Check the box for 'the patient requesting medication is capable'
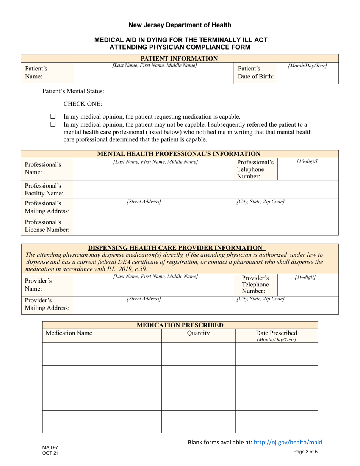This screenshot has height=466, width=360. click(53, 116)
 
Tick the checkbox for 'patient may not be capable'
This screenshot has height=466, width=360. click(53, 124)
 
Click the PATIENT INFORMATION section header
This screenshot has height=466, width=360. click(179, 58)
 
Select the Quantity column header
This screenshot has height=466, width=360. click(199, 333)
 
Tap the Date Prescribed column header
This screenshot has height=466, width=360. click(276, 336)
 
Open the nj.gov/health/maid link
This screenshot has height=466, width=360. click(291, 442)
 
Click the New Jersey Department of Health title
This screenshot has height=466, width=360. click(180, 25)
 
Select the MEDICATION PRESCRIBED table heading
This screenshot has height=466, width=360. click(180, 325)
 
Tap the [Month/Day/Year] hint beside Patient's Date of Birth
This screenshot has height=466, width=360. click(307, 66)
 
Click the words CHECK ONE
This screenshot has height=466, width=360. click(82, 104)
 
